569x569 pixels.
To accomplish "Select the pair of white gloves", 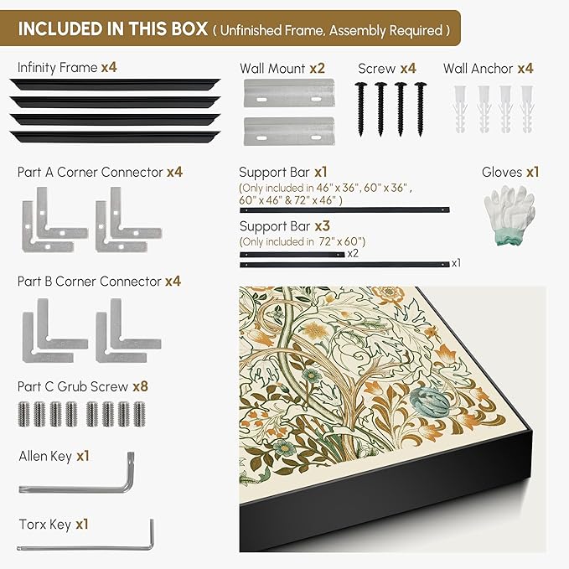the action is [x=510, y=214].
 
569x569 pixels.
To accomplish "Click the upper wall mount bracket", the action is [x=289, y=93].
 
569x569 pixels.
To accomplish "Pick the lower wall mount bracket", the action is [x=289, y=131].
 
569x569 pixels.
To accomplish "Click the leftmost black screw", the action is [x=360, y=109].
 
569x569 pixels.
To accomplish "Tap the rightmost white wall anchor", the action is [x=526, y=109].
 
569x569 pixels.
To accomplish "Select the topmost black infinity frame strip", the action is [x=115, y=85].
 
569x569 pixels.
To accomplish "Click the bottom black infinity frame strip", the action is [x=115, y=137].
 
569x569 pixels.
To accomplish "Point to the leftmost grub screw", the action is [x=23, y=414].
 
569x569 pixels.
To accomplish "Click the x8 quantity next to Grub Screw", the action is [x=141, y=386].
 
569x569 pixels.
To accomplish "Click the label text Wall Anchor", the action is [x=478, y=68].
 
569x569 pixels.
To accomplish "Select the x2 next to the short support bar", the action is [x=353, y=253].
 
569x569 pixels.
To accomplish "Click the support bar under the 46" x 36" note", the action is [x=344, y=209].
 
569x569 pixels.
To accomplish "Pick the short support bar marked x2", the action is [x=292, y=255].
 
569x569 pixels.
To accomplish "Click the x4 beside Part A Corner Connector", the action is [x=174, y=172].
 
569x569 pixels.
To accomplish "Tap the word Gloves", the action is [x=502, y=172].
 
